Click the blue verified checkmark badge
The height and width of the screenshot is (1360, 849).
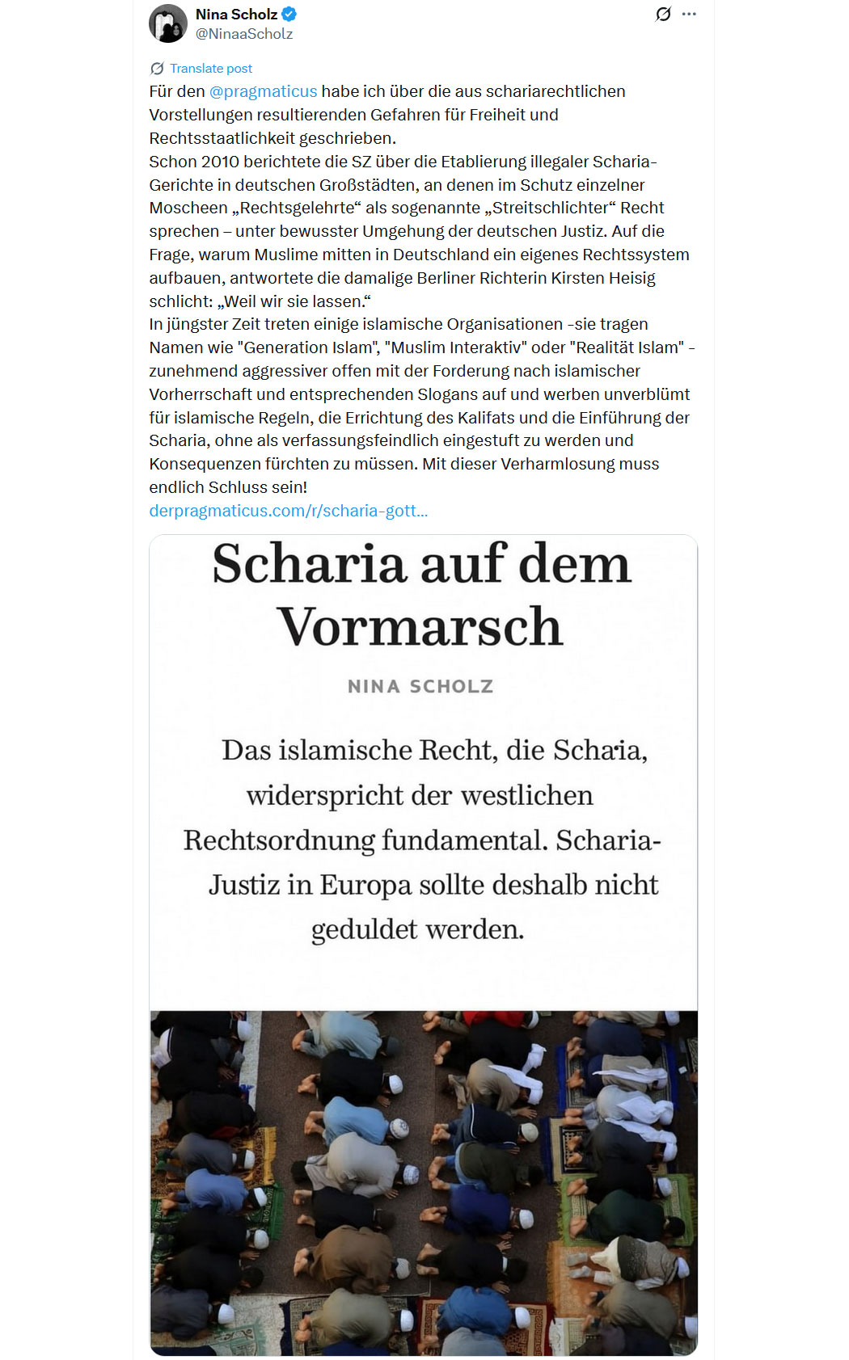coord(289,14)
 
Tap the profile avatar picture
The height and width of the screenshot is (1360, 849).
coord(168,23)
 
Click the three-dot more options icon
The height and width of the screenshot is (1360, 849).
coord(689,14)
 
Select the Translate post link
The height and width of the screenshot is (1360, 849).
coord(210,69)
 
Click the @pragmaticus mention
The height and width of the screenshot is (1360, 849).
coord(263,91)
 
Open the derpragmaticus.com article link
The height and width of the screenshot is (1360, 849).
coord(288,511)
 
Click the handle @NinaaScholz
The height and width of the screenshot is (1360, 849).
coord(244,34)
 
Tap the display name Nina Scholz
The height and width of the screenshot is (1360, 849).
coord(236,14)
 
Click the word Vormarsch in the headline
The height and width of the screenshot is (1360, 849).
coord(420,627)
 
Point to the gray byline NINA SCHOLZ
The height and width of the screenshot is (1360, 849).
coord(420,686)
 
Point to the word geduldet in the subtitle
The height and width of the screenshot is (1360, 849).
coord(364,929)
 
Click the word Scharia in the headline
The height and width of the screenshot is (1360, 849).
coord(307,564)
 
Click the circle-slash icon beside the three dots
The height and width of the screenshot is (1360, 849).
coord(663,14)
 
